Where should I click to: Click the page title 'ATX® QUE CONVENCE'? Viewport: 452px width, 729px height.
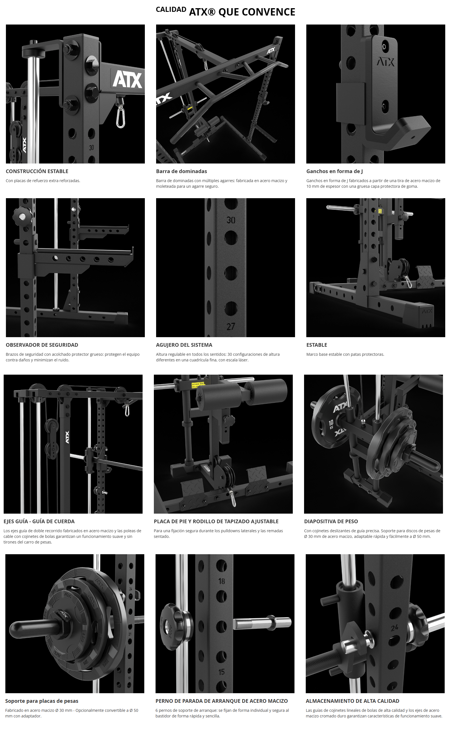(x=242, y=12)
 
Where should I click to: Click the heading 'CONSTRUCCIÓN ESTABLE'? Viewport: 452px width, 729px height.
(x=37, y=171)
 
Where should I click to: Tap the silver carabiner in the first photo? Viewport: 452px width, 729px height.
(x=121, y=116)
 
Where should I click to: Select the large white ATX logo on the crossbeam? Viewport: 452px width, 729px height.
(x=127, y=79)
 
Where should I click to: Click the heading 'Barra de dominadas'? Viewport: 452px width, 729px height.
(x=181, y=171)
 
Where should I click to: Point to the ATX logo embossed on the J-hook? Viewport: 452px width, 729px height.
(x=385, y=62)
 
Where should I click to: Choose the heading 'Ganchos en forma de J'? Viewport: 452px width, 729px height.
(x=334, y=171)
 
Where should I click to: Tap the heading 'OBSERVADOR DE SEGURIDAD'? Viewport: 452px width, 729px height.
(x=42, y=345)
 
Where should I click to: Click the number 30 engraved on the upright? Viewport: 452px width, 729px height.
(x=231, y=220)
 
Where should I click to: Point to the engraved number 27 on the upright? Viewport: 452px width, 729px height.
(x=231, y=326)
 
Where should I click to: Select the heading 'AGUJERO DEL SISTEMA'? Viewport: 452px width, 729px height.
(x=184, y=345)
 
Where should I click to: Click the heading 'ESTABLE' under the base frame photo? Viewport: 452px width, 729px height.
(x=316, y=345)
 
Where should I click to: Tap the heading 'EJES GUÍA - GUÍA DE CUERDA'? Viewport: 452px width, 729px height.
(x=39, y=521)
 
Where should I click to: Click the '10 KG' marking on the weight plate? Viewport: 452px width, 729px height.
(x=331, y=424)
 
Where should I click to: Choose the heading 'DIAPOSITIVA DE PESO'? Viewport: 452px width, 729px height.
(x=331, y=521)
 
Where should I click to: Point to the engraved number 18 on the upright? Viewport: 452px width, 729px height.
(x=221, y=581)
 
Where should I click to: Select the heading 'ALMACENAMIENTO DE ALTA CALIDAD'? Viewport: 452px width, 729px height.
(x=353, y=701)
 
